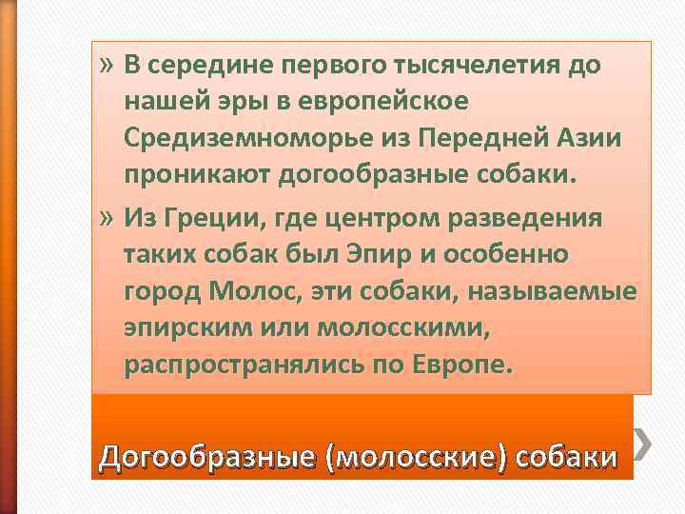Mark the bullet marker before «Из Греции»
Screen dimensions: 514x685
click(106, 218)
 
